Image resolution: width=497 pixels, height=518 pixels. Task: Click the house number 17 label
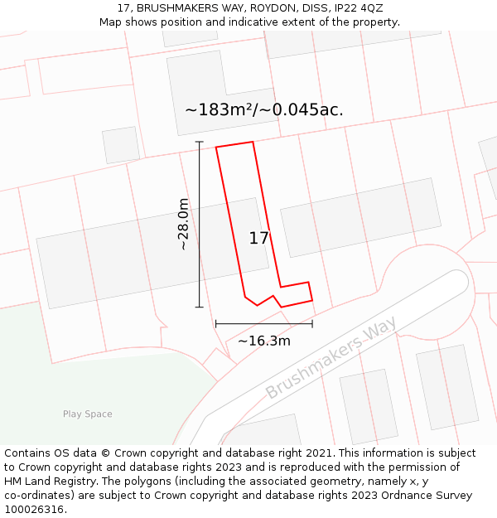click(x=258, y=239)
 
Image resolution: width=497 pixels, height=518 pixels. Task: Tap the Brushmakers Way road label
click(x=331, y=357)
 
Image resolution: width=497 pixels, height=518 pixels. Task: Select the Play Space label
click(x=87, y=414)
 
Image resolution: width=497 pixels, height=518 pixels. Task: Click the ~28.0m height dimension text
click(x=183, y=224)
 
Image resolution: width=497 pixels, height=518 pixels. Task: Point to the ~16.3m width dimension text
click(x=264, y=341)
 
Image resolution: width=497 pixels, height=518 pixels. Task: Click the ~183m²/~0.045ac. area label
click(x=263, y=109)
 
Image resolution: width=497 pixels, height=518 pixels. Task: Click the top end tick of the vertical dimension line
click(x=199, y=142)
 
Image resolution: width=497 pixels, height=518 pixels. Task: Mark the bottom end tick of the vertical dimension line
click(x=199, y=307)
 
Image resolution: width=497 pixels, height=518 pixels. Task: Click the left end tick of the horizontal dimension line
click(x=215, y=323)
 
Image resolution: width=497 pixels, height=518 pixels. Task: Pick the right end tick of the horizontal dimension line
click(x=312, y=323)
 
